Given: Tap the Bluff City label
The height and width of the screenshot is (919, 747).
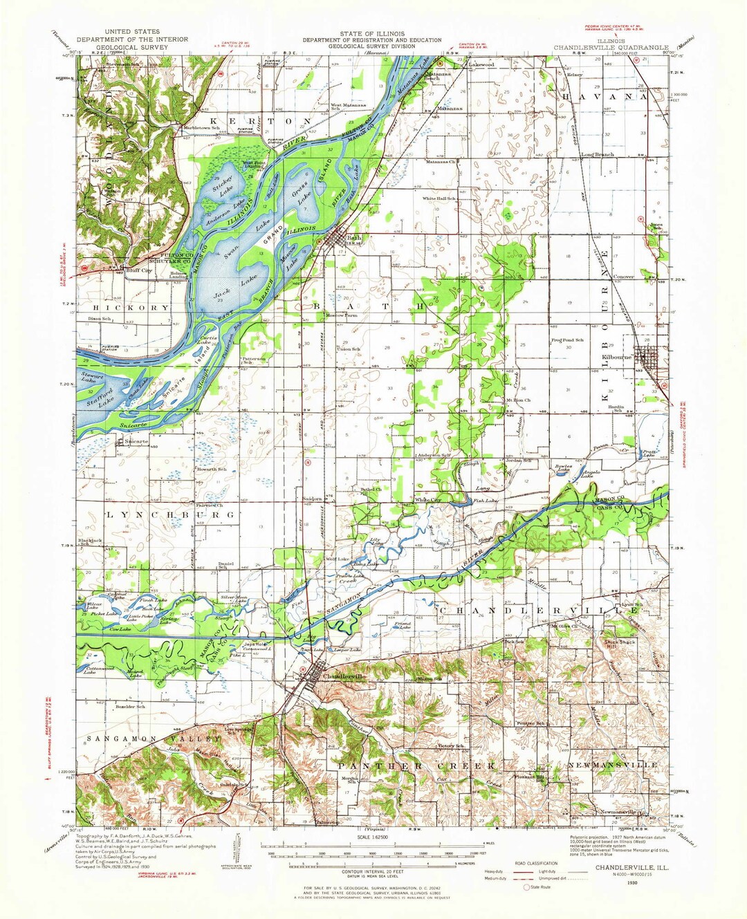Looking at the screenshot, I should (x=138, y=270).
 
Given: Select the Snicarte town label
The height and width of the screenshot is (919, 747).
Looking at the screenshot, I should (x=135, y=440).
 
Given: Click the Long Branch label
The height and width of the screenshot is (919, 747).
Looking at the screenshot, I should (x=597, y=154).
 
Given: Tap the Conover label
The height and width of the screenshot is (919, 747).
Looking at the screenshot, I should (x=624, y=277).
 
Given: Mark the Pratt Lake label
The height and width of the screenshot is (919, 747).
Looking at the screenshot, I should (x=647, y=454).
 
